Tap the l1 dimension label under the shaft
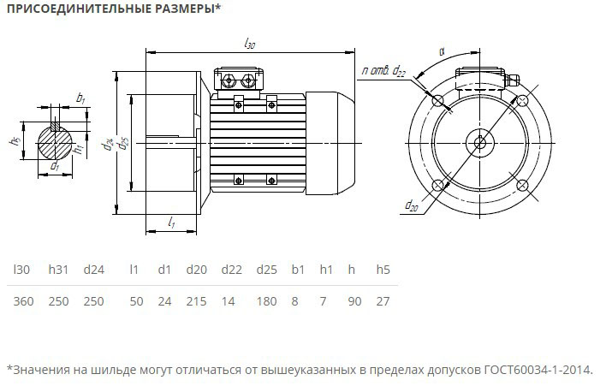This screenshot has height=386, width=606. tap(171, 223)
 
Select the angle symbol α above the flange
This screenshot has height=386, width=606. tap(442, 51)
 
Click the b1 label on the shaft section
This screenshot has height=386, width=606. tap(81, 99)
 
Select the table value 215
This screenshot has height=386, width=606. tap(196, 301)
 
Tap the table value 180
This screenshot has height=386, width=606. tap(267, 301)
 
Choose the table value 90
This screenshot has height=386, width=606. tap(352, 301)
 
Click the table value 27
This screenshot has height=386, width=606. tap(383, 301)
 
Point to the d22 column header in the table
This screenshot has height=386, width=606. tap(231, 270)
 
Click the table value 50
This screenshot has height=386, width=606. tap(136, 301)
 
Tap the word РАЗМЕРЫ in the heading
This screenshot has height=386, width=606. tap(178, 9)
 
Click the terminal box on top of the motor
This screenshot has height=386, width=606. tap(239, 80)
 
